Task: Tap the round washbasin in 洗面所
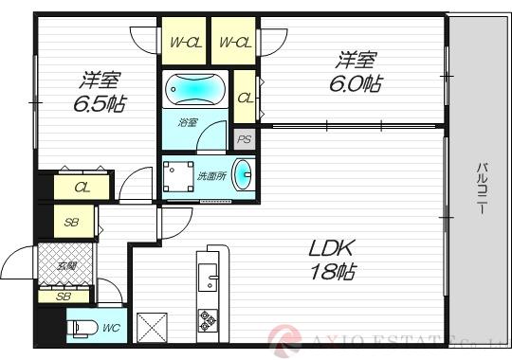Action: pyautogui.click(x=243, y=174)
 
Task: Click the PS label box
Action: pyautogui.click(x=245, y=139)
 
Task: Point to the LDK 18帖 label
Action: pyautogui.click(x=332, y=260)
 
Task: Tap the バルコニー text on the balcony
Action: pyautogui.click(x=481, y=189)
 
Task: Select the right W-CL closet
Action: pyautogui.click(x=233, y=42)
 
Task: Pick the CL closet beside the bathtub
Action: pyautogui.click(x=245, y=98)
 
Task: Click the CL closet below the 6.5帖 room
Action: pyautogui.click(x=83, y=187)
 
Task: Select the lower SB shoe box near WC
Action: pyautogui.click(x=64, y=297)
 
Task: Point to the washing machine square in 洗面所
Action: pyautogui.click(x=176, y=176)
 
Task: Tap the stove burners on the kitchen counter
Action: pyautogui.click(x=208, y=325)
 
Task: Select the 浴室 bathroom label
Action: pyautogui.click(x=187, y=122)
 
